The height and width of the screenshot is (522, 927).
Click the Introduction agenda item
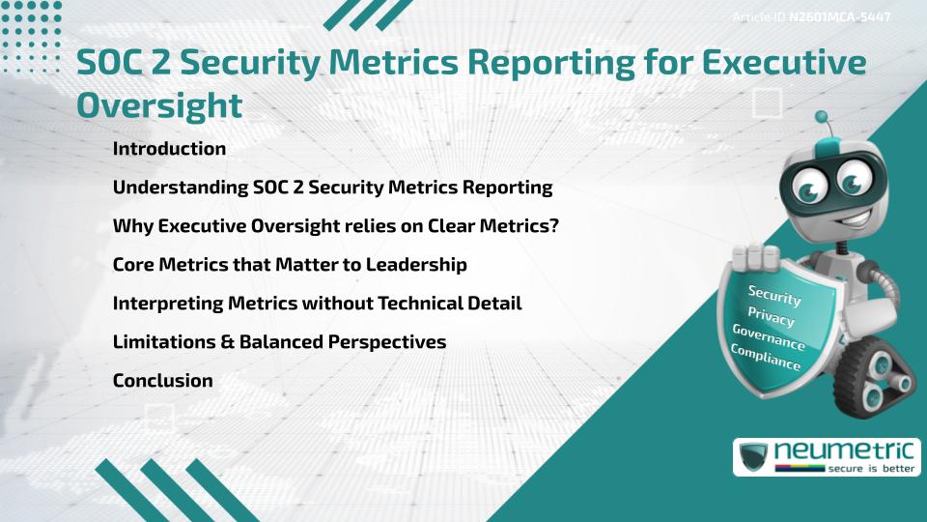pyautogui.click(x=169, y=149)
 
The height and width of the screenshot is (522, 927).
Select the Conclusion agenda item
pyautogui.click(x=162, y=381)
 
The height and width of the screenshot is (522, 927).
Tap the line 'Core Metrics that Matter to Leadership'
pyautogui.click(x=290, y=265)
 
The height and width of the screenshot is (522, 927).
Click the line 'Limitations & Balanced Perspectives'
pyautogui.click(x=279, y=342)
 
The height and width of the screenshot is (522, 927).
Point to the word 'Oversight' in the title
pyautogui.click(x=159, y=104)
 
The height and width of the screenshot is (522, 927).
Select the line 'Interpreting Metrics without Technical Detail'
pyautogui.click(x=317, y=304)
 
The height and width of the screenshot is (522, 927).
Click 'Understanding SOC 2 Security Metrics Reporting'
pyautogui.click(x=332, y=188)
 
